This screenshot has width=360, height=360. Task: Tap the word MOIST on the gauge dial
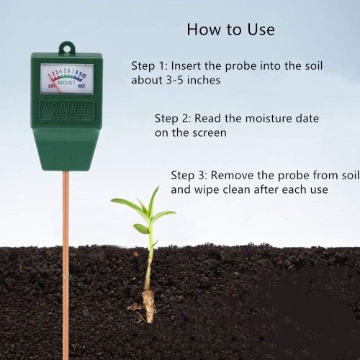click(x=66, y=83)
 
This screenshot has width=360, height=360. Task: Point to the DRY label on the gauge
click(x=52, y=86)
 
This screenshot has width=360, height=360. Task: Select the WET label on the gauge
click(x=81, y=86)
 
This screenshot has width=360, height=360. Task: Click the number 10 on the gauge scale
click(x=84, y=76)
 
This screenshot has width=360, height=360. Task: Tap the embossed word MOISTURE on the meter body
click(x=66, y=107)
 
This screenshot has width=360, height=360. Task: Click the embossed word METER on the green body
click(x=66, y=115)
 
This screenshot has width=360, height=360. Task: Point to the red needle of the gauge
click(x=55, y=84)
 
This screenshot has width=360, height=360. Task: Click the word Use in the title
click(x=261, y=30)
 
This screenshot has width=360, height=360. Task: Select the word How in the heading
click(x=204, y=30)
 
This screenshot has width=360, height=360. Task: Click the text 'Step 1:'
click(x=149, y=66)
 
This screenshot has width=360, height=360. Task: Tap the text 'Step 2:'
click(x=173, y=118)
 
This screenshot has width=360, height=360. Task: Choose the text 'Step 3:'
click(x=189, y=175)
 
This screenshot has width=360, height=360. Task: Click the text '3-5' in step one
click(x=175, y=80)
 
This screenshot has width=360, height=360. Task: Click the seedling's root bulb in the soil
click(x=148, y=305)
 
